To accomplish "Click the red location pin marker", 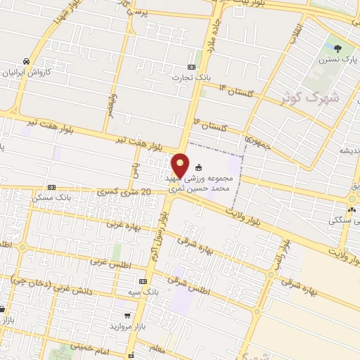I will point(181,165).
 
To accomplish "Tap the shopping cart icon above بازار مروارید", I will point(127,315).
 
